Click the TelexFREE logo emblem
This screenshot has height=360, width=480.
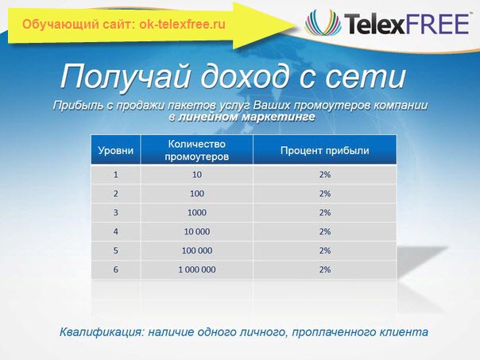tap(323, 22)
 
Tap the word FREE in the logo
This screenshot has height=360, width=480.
tap(438, 24)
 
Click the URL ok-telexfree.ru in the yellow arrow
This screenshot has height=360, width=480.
tap(183, 24)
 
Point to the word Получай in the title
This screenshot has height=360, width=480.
tap(126, 76)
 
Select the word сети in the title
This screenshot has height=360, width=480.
tap(366, 76)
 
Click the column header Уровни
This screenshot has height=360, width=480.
tap(116, 150)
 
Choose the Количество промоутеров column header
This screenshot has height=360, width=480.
tap(197, 150)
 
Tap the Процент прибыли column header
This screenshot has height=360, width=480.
tap(325, 150)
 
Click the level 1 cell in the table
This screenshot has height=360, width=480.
tap(116, 175)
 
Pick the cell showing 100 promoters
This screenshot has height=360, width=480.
tap(197, 193)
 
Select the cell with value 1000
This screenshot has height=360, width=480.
tap(197, 212)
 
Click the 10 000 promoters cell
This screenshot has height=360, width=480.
tap(197, 231)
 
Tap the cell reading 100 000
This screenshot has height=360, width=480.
tap(197, 250)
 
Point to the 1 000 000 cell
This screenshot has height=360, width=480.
tap(197, 269)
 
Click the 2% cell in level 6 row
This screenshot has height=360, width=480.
tap(325, 269)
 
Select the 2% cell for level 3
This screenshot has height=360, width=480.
tap(325, 212)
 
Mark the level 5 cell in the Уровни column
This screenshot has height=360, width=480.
tap(116, 250)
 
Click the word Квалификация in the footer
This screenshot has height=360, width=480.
tap(103, 332)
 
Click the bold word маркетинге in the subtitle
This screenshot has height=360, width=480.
tap(279, 117)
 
